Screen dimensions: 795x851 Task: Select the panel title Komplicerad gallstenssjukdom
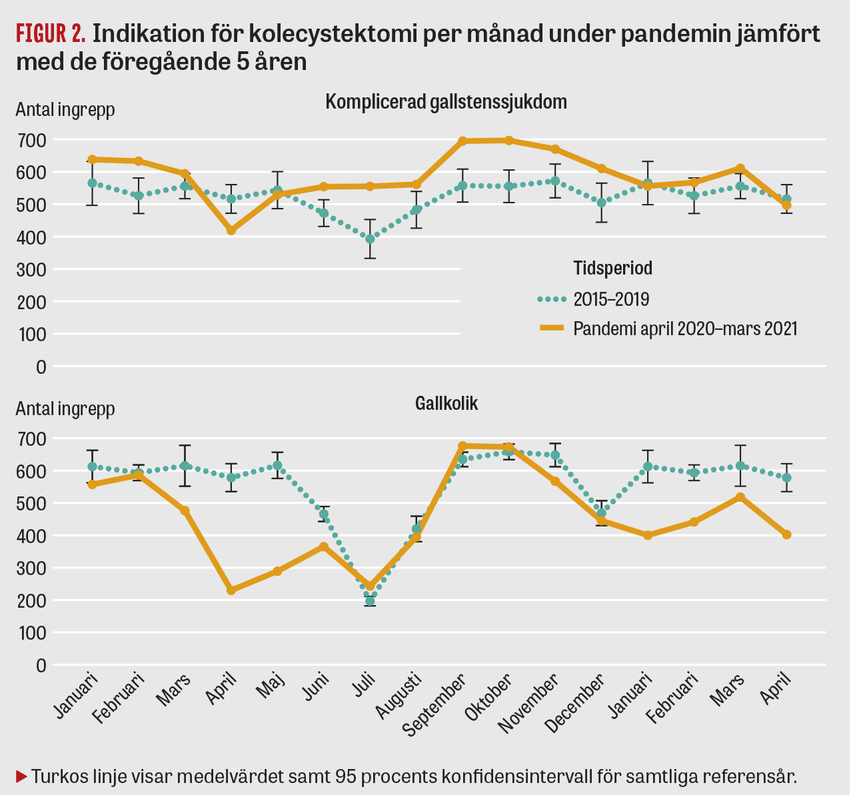446,102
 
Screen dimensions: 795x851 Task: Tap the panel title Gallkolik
446,403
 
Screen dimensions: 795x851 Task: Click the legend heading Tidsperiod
612,268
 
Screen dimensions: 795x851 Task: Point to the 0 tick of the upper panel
41,367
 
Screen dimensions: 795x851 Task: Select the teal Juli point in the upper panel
371,239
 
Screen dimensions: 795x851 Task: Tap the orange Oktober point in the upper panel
509,141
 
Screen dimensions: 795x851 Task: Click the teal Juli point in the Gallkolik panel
371,601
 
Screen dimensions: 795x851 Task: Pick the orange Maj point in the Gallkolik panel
278,571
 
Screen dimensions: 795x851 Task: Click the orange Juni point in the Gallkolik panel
324,546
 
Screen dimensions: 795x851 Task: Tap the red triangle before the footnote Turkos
21,776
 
